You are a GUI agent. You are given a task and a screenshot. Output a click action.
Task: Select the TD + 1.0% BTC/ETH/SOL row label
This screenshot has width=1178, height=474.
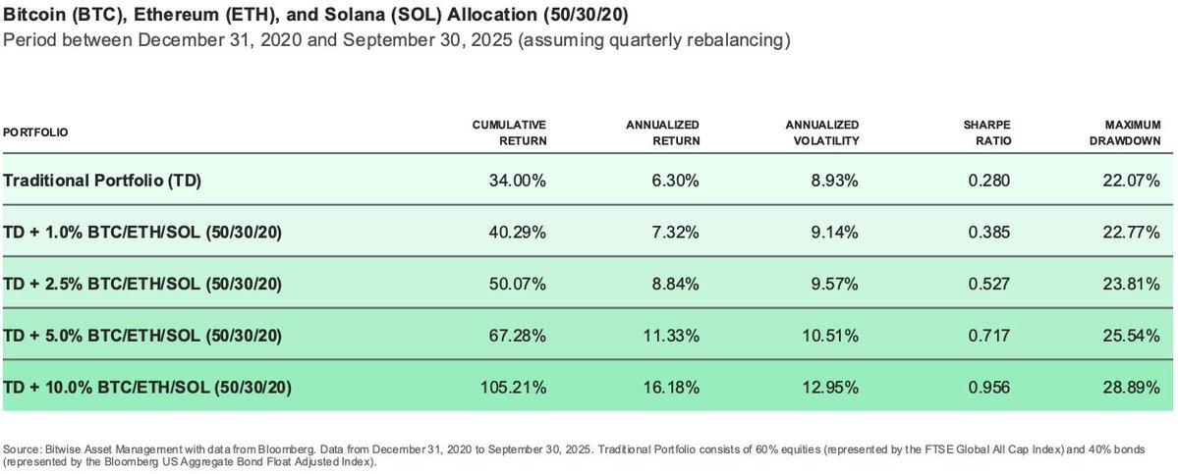pyautogui.click(x=143, y=233)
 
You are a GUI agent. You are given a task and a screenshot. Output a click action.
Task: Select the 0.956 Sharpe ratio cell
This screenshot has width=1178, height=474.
pyautogui.click(x=990, y=386)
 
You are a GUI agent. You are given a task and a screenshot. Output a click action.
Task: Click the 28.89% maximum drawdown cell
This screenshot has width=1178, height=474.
pyautogui.click(x=1134, y=386)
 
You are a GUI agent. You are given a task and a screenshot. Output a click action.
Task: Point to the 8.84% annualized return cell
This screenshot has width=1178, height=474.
pyautogui.click(x=677, y=284)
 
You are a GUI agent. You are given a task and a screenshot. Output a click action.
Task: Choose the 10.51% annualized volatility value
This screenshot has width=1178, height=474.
pyautogui.click(x=832, y=335)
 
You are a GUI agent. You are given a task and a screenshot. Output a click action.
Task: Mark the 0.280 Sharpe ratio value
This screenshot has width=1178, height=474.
pyautogui.click(x=990, y=182)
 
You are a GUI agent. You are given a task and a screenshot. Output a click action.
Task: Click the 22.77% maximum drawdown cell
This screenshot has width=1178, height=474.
pyautogui.click(x=1134, y=233)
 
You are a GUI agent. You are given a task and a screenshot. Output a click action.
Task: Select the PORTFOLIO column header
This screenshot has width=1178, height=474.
pyautogui.click(x=36, y=132)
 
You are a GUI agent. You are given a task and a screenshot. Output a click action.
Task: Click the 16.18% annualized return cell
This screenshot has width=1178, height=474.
pyautogui.click(x=673, y=386)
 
